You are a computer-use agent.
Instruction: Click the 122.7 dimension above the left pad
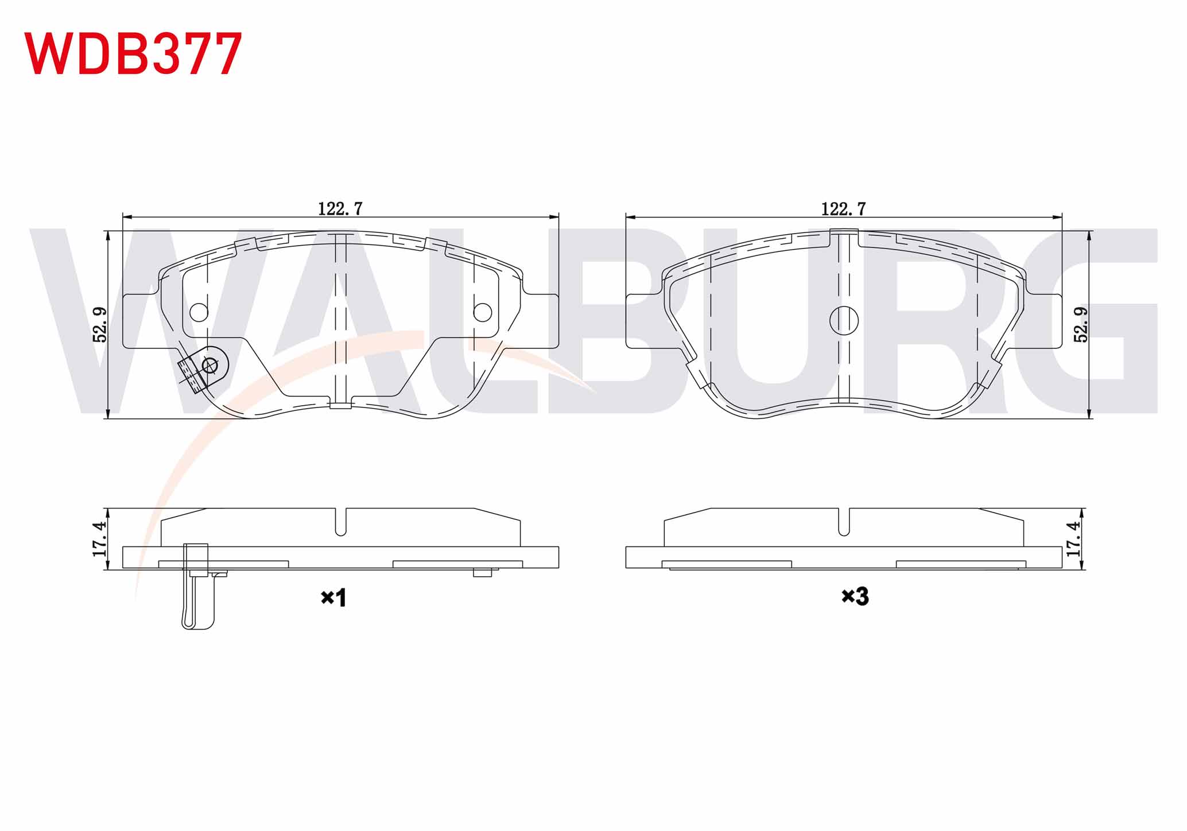340,209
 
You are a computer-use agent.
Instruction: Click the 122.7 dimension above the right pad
843,209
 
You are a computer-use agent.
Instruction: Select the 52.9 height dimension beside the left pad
100,325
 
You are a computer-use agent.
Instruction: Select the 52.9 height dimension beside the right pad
1081,325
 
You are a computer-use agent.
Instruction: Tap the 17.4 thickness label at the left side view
100,539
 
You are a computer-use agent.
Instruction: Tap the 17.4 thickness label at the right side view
1073,539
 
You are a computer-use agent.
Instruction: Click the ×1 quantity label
333,598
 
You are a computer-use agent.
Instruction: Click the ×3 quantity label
855,597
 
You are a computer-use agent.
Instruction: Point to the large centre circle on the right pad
844,320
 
